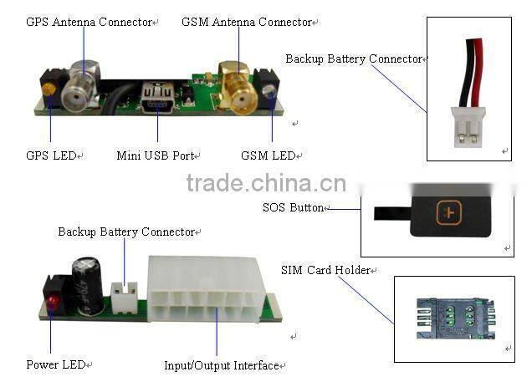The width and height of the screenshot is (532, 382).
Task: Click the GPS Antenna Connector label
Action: pos(90,22)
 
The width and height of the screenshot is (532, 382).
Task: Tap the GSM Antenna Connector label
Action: pos(248,22)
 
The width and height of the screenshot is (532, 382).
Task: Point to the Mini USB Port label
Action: pos(156,155)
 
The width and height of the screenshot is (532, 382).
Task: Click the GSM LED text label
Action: pos(269,155)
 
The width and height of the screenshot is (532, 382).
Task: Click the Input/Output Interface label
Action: pos(223,365)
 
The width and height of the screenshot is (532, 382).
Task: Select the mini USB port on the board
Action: pos(157,95)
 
